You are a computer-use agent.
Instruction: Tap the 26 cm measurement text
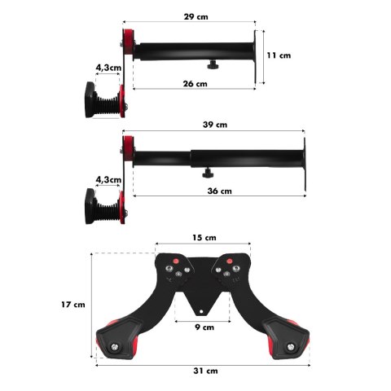point(195,84)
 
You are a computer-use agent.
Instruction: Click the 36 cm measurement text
point(213,191)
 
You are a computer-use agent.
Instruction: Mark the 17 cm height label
point(73,305)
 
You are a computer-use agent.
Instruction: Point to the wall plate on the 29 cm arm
point(260,55)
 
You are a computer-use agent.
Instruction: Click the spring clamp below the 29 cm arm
point(106,99)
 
